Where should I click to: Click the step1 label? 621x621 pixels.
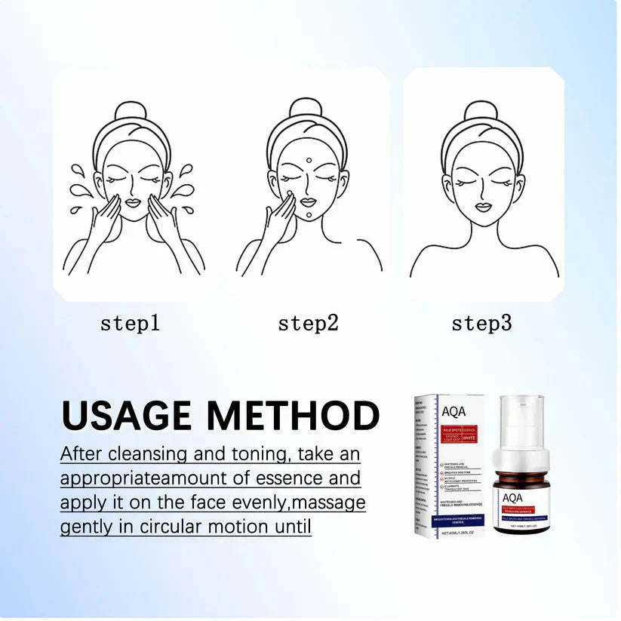click(131, 324)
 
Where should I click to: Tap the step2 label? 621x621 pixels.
click(308, 324)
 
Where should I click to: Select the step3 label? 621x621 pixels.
click(481, 324)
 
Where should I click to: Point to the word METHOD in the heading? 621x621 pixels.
click(293, 416)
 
